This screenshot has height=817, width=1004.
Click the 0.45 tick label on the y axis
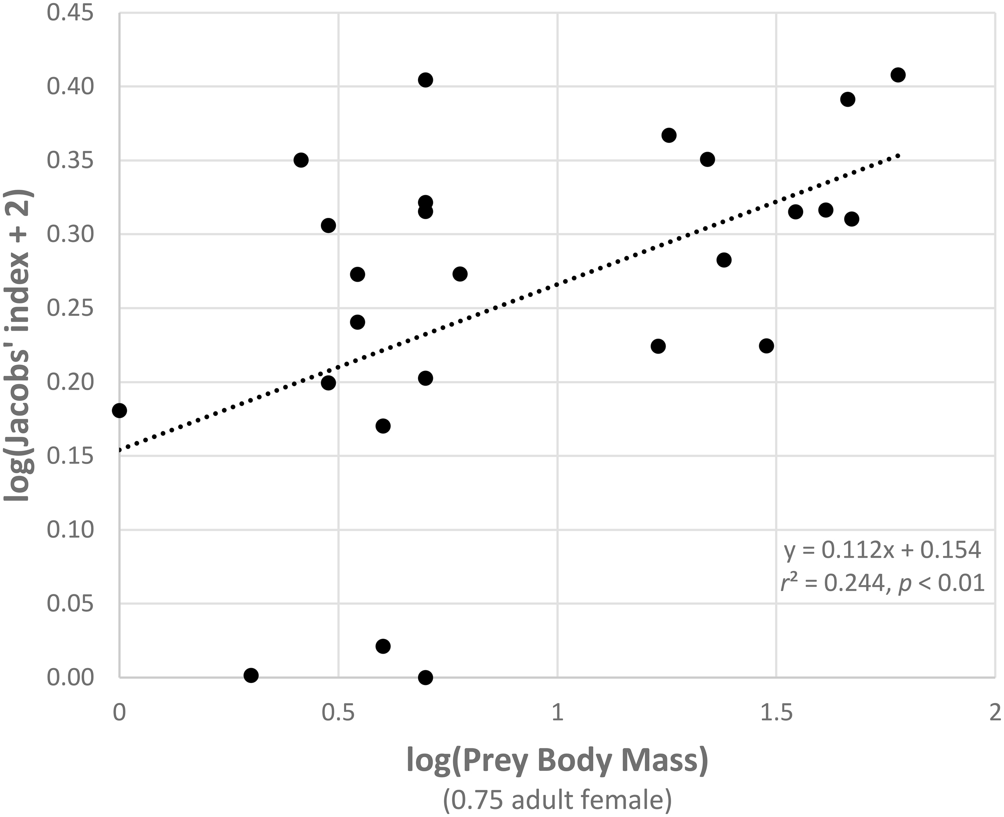(70, 13)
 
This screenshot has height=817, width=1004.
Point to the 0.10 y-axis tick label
(70, 530)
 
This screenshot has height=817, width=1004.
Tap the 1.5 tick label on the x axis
(775, 713)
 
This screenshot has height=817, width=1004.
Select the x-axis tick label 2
(994, 713)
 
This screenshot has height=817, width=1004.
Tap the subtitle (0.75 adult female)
(557, 800)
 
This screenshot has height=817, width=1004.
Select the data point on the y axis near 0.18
(119, 411)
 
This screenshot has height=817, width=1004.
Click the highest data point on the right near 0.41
(898, 75)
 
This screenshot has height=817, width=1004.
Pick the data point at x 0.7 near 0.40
(425, 79)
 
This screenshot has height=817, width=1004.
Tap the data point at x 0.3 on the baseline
(251, 675)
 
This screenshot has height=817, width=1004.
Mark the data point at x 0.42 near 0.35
(301, 160)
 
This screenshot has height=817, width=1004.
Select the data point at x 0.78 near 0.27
(460, 274)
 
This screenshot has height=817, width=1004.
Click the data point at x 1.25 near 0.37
(669, 136)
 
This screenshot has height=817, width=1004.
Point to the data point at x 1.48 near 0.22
(767, 346)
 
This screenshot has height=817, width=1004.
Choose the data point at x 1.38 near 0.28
(724, 260)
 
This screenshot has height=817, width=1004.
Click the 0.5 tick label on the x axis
(338, 713)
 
